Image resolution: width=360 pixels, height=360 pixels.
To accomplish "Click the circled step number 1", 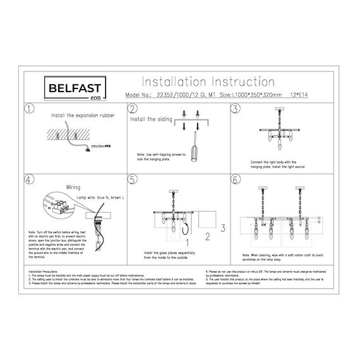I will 29,109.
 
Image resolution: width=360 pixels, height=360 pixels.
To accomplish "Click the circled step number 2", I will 132,109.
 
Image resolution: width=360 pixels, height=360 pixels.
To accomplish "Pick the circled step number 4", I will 29,180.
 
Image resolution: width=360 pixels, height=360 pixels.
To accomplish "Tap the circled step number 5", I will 132,180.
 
